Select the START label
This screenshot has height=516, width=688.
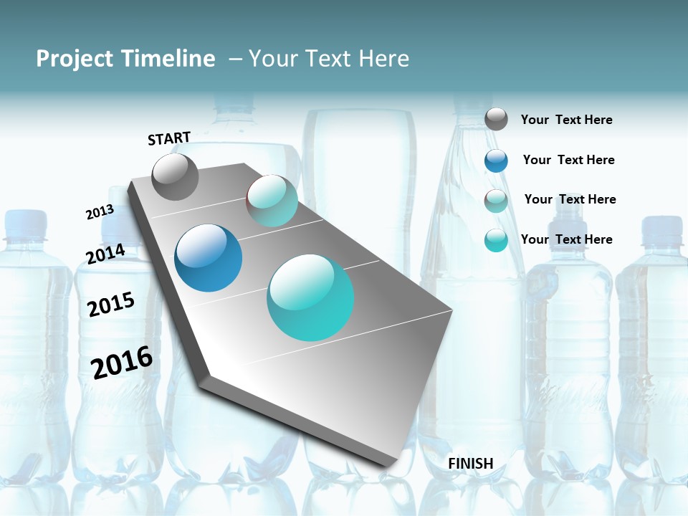tap(169, 138)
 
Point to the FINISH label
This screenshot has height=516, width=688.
tap(470, 464)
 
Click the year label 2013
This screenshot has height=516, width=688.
tap(100, 212)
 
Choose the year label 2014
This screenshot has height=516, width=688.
tap(105, 254)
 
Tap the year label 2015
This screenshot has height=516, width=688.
tap(111, 304)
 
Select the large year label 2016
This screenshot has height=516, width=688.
tap(122, 362)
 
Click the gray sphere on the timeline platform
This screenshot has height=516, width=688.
tap(176, 176)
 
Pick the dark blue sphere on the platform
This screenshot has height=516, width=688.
tap(208, 258)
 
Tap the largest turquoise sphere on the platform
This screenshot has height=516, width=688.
tap(310, 297)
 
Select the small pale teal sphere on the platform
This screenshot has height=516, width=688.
tap(272, 201)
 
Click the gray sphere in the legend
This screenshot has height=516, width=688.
tap(496, 119)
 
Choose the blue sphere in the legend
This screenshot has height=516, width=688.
tap(496, 161)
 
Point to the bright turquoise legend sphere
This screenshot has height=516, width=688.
tap(496, 240)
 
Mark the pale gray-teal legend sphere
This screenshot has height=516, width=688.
tap(496, 201)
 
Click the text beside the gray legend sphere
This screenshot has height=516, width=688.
tap(566, 120)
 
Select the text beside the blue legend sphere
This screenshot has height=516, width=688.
tap(568, 160)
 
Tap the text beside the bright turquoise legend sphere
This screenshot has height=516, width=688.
tap(566, 239)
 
